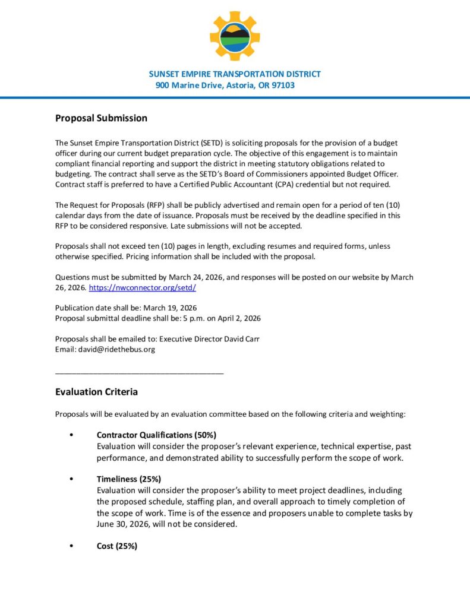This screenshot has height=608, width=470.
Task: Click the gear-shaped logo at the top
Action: [235, 36]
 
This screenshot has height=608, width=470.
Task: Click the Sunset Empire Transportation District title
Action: [235, 74]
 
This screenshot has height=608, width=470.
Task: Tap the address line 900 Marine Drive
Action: [225, 85]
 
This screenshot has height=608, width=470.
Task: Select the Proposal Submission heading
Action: [101, 118]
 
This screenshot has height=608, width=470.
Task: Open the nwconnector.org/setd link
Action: [142, 287]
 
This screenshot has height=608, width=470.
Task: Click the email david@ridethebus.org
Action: [116, 350]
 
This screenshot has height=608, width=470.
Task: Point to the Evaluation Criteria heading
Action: [96, 392]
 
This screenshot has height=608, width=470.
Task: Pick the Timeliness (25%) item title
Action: [129, 479]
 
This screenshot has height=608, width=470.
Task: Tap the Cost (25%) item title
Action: [117, 546]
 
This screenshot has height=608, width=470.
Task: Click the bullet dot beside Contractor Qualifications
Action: [71, 435]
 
